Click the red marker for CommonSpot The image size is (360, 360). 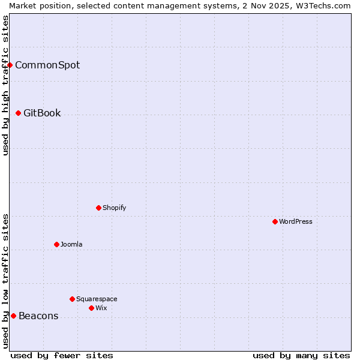click(x=10, y=65)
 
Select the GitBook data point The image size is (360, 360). click(x=19, y=113)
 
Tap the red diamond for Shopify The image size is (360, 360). click(x=99, y=208)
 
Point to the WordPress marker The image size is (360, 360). click(x=275, y=221)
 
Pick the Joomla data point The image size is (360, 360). click(x=57, y=244)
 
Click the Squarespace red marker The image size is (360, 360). click(x=73, y=299)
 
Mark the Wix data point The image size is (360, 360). click(x=92, y=308)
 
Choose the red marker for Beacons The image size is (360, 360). click(x=14, y=316)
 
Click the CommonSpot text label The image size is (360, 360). click(x=47, y=65)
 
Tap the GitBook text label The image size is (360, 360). click(x=42, y=113)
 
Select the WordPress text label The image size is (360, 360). click(x=296, y=221)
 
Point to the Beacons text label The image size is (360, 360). click(x=38, y=316)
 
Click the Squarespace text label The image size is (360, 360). click(x=97, y=299)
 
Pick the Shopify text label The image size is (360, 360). click(x=115, y=208)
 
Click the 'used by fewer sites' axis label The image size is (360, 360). click(x=62, y=355)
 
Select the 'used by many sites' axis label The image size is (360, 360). click(x=301, y=355)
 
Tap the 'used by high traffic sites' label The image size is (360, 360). click(x=5, y=85)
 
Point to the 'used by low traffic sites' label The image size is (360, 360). click(x=5, y=281)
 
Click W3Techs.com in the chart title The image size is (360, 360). click(x=325, y=5)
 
